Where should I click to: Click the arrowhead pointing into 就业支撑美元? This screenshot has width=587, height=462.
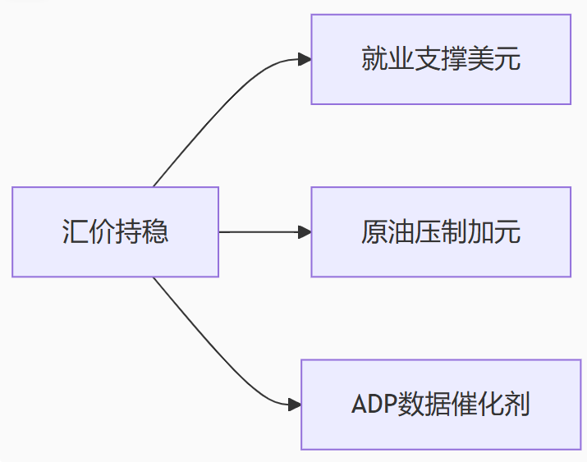pos(305,59)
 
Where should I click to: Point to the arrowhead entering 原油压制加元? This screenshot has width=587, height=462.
pos(305,232)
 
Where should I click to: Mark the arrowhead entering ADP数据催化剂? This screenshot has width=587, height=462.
pos(295,405)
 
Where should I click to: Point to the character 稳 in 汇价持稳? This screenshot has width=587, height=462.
pos(156,232)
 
